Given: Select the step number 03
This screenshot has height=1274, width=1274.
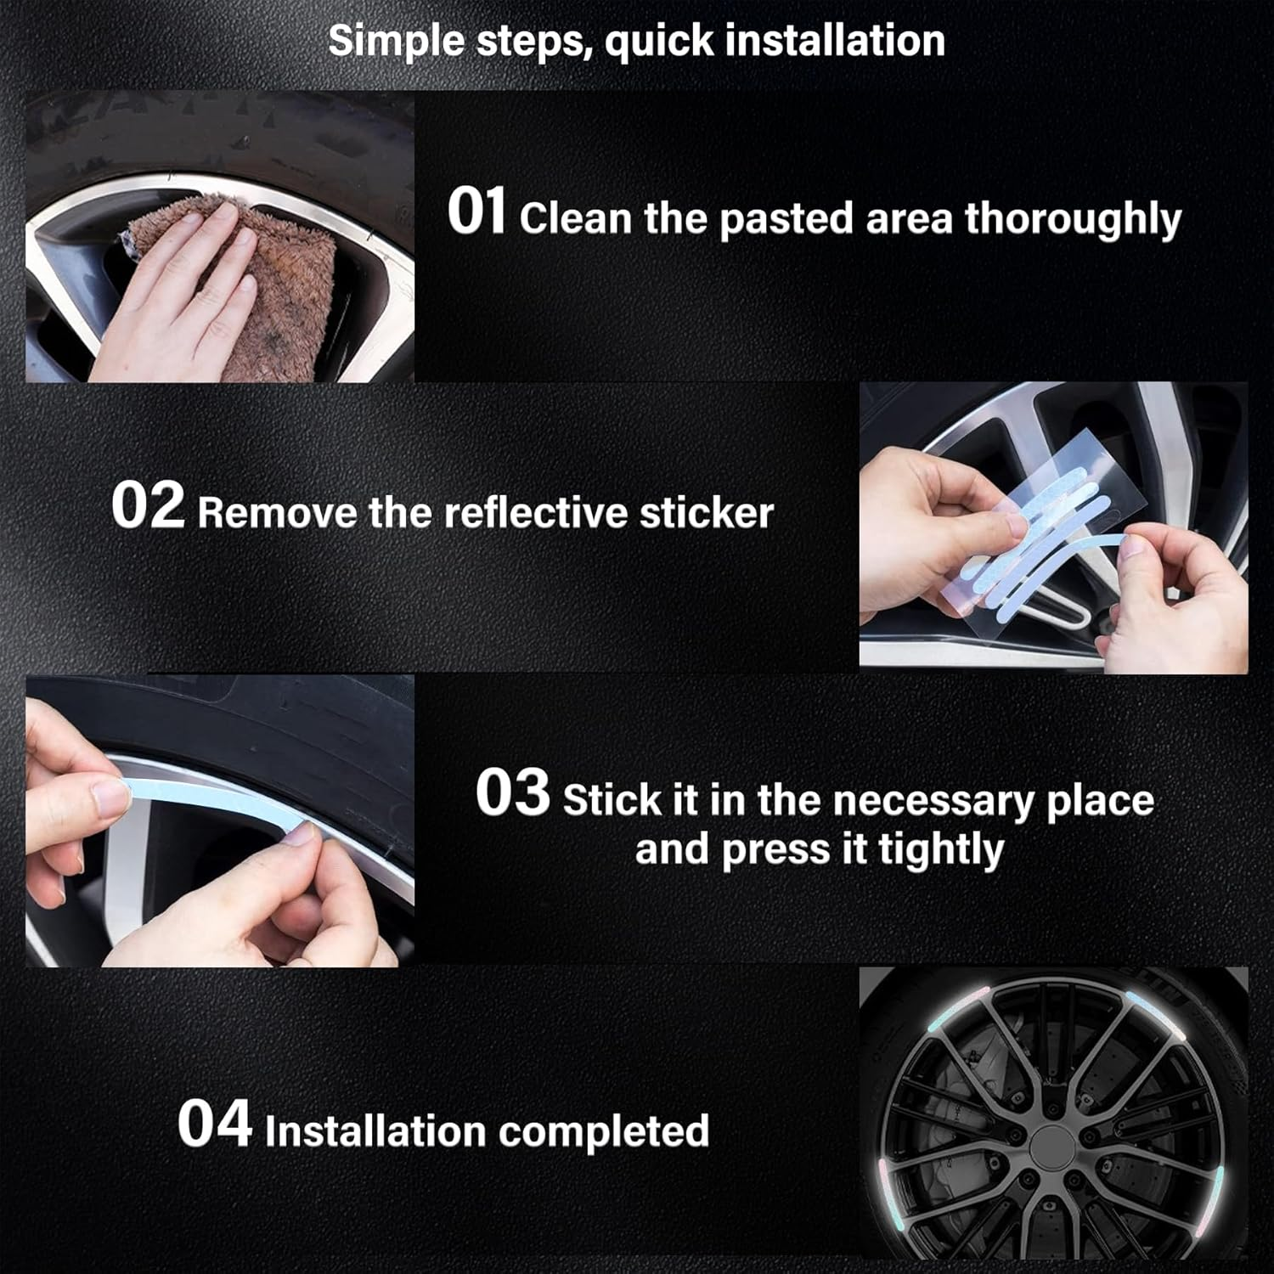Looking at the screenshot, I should pyautogui.click(x=512, y=792).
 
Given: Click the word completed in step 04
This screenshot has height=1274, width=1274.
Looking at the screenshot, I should pyautogui.click(x=604, y=1131).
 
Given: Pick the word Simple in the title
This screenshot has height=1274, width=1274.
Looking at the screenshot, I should pyautogui.click(x=397, y=41).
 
